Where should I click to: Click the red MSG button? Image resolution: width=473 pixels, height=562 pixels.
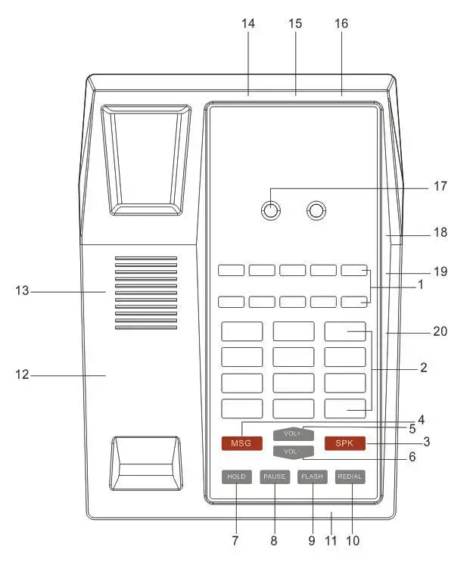241,443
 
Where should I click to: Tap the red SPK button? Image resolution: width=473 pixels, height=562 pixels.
344,443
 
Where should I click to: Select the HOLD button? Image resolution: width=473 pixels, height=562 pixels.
236,477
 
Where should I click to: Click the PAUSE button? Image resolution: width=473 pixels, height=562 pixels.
274,477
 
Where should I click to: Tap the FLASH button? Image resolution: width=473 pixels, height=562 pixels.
312,477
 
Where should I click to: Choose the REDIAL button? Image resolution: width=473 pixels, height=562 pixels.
350,477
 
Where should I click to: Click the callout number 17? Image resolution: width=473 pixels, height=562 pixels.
441,186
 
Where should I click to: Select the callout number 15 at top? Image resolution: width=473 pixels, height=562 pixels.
295,23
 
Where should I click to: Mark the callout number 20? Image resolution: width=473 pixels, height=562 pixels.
440,331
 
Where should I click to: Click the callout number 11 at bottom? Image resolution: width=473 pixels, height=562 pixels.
330,541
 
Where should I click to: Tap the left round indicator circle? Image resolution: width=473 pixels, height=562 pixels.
269,210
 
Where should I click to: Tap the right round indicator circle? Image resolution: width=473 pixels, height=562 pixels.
316,210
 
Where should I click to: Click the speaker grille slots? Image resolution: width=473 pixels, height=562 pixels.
146,292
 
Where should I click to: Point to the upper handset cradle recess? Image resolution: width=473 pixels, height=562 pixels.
146,159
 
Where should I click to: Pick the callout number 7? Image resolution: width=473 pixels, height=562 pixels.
235,541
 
